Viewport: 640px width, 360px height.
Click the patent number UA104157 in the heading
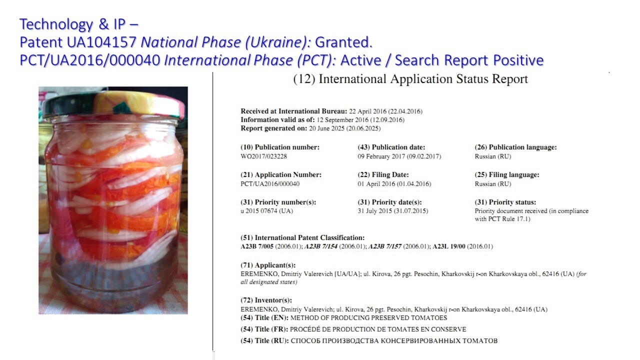(x=101, y=42)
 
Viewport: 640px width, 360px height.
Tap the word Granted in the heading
(x=343, y=42)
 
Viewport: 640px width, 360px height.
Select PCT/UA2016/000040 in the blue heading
(x=89, y=60)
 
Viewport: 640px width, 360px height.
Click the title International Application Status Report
(x=410, y=79)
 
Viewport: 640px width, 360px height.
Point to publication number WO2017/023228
(x=263, y=156)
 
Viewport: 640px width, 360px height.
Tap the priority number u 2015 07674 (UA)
(x=267, y=211)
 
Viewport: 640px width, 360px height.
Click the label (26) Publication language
(x=515, y=147)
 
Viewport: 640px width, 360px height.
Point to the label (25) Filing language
(x=507, y=174)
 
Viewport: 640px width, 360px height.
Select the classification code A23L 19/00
(x=449, y=246)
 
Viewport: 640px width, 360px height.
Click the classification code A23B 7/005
(x=257, y=246)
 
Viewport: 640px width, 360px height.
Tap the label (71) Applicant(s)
(x=268, y=265)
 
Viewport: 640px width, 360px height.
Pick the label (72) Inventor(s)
(x=266, y=300)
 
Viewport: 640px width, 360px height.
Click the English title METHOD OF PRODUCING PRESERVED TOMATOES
(x=368, y=317)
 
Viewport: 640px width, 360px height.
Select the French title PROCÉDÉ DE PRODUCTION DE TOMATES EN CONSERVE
(x=378, y=329)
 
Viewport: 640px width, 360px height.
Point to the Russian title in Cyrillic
(x=394, y=341)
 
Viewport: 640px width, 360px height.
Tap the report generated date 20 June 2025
(x=345, y=128)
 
